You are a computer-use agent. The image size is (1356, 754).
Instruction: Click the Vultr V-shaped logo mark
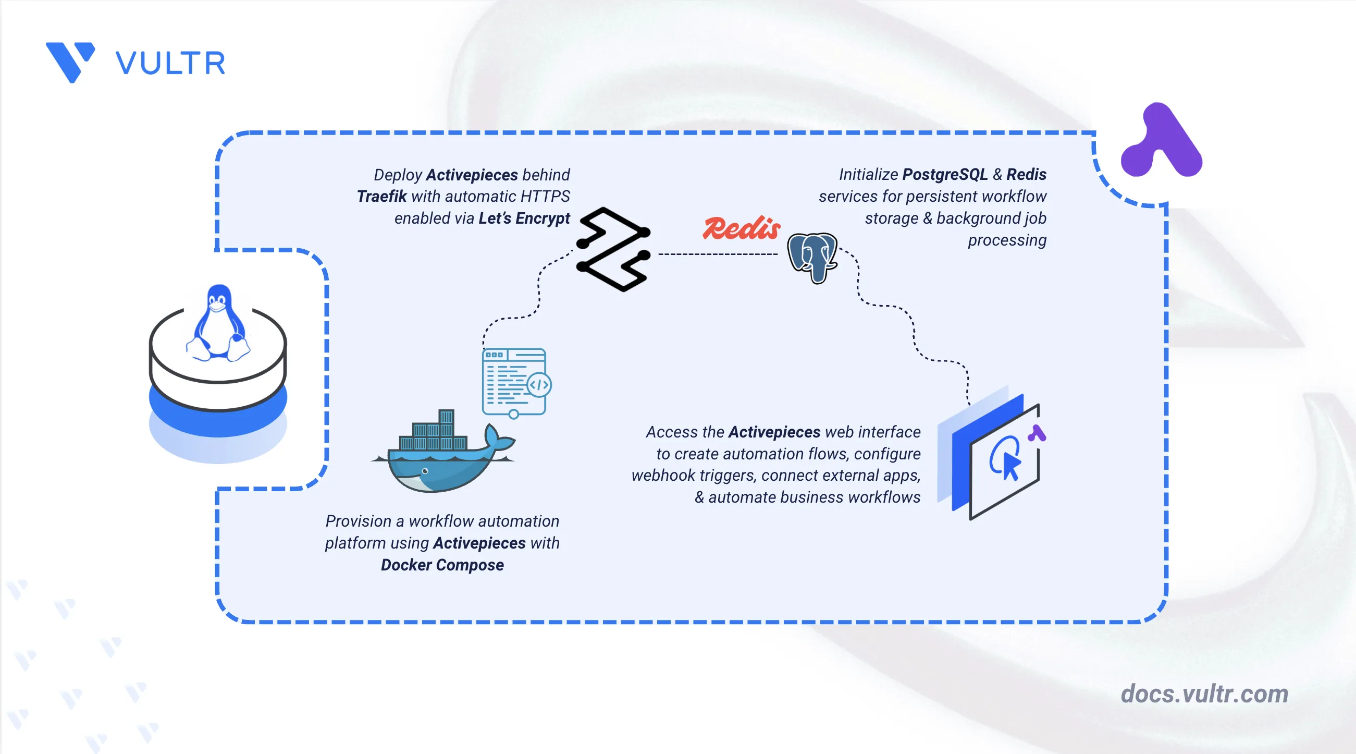tap(70, 62)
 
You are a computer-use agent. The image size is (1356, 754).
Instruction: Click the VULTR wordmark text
tap(170, 63)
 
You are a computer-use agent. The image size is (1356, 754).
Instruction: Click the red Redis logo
tap(741, 228)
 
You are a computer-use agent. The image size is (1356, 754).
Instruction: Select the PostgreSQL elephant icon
tap(812, 258)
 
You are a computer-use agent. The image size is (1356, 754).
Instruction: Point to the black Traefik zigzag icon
tap(614, 249)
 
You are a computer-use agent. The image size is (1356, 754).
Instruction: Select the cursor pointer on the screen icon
tap(1010, 466)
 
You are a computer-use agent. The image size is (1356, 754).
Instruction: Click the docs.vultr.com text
tap(1204, 694)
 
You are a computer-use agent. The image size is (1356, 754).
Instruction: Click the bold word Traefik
tap(381, 197)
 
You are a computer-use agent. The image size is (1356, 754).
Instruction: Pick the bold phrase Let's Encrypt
tap(524, 218)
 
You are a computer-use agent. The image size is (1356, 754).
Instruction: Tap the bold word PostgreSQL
tap(945, 174)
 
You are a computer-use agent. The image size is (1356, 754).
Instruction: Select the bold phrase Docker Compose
tap(442, 565)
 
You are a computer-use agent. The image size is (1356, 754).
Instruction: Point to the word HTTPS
tap(545, 197)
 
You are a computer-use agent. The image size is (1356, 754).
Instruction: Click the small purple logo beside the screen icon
tap(1037, 433)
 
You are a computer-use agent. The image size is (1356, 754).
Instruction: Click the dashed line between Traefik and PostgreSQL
tap(718, 254)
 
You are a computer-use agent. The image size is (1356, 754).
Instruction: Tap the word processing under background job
tap(1007, 240)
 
